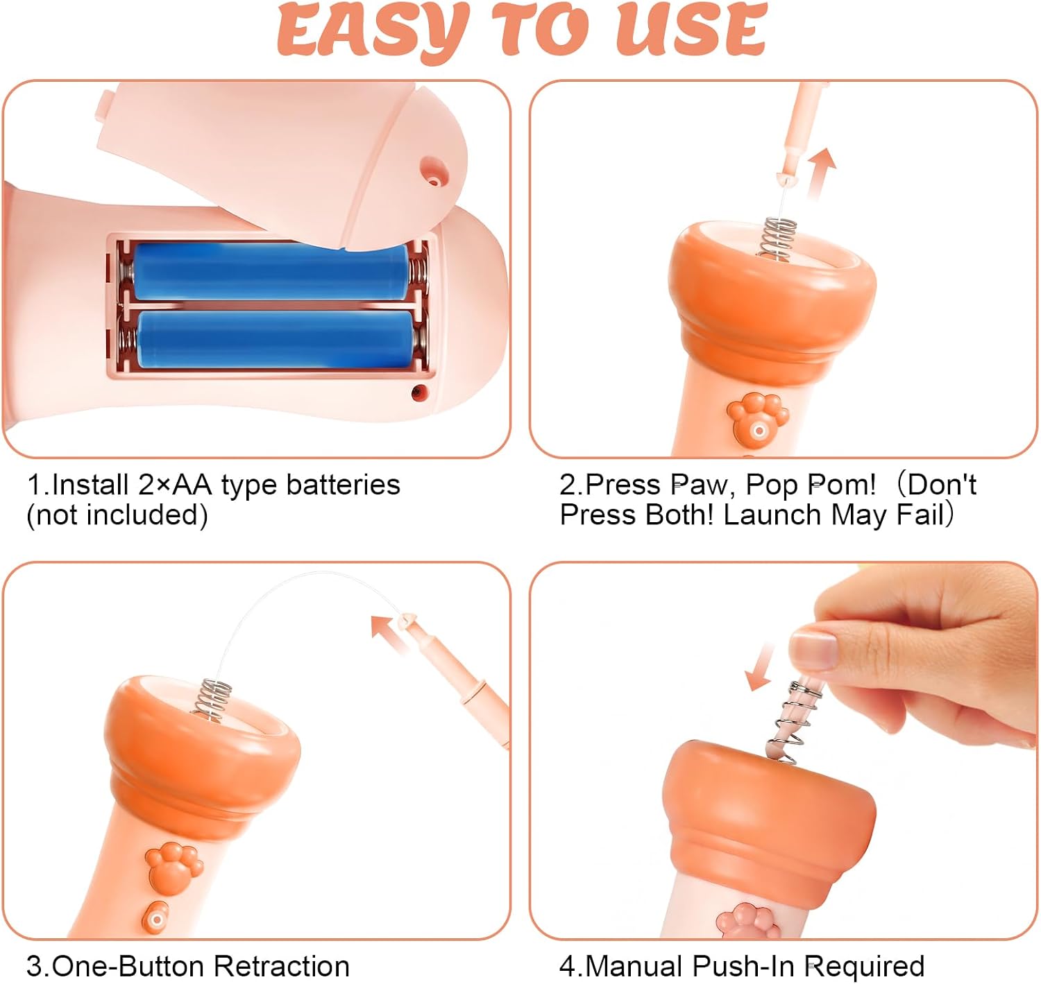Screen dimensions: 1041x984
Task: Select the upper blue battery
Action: tap(271, 272)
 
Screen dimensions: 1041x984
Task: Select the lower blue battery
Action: tap(276, 340)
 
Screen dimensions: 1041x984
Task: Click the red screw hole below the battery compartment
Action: tap(419, 392)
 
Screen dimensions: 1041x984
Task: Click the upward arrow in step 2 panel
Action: tap(821, 174)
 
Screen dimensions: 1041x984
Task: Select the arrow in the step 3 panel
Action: tap(387, 633)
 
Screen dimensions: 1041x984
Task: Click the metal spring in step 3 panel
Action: tap(212, 700)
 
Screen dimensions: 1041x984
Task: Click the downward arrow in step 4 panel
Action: tap(759, 666)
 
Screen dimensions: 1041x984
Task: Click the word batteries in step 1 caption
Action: tap(343, 485)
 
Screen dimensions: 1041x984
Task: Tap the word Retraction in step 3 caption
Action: tap(282, 966)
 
